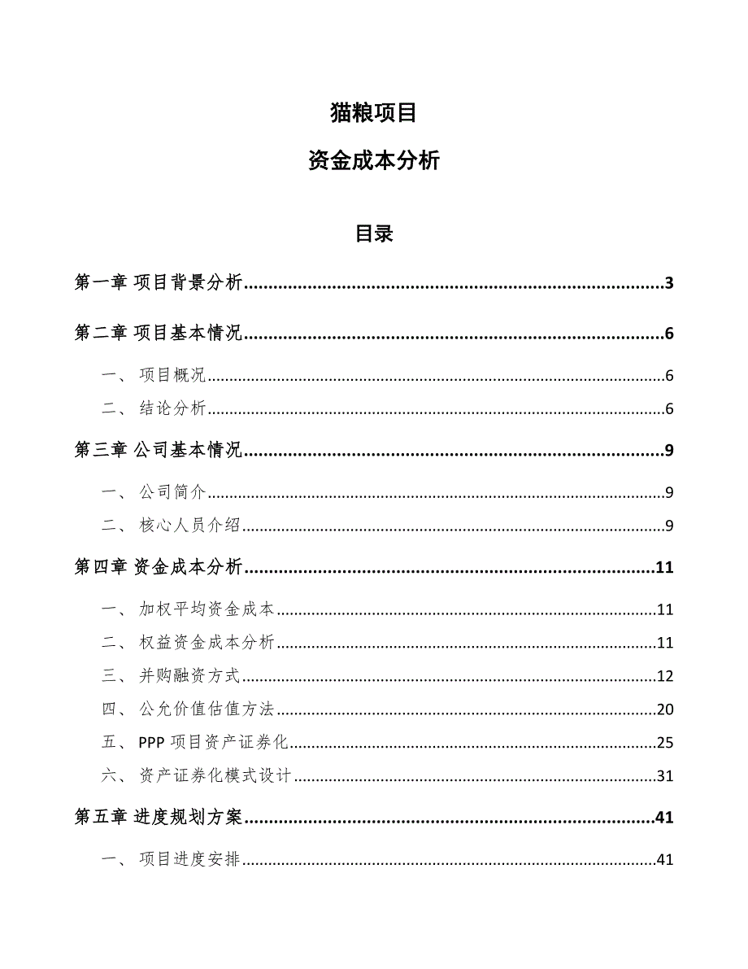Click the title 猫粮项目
click(373, 113)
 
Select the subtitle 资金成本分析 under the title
click(373, 161)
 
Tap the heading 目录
click(373, 234)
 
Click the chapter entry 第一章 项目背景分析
click(159, 283)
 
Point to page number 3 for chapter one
click(669, 283)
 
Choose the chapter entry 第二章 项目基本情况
click(159, 334)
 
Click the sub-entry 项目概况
click(172, 376)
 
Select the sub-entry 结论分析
click(172, 408)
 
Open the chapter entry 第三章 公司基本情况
click(159, 451)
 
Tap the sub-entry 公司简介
click(172, 492)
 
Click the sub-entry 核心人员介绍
click(189, 526)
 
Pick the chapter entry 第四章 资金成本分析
click(159, 568)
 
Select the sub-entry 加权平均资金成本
click(207, 609)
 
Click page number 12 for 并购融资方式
click(665, 676)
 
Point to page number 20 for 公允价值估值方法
click(665, 709)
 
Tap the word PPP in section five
click(153, 743)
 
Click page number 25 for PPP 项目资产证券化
click(665, 743)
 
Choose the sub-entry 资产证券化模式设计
click(215, 776)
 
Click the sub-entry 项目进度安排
click(189, 860)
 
